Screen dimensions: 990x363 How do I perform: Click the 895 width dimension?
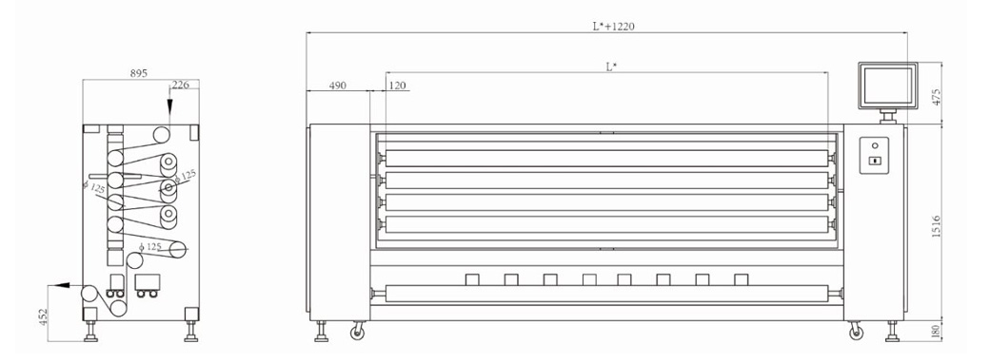139,73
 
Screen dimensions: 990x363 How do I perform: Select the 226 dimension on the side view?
181,86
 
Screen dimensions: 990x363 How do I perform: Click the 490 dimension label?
338,86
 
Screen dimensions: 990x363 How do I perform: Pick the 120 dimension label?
397,86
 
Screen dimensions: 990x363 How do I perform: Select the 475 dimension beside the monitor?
936,96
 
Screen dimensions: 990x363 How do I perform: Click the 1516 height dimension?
936,225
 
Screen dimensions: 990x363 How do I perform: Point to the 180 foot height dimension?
936,331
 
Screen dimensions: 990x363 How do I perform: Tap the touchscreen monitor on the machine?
888,86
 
